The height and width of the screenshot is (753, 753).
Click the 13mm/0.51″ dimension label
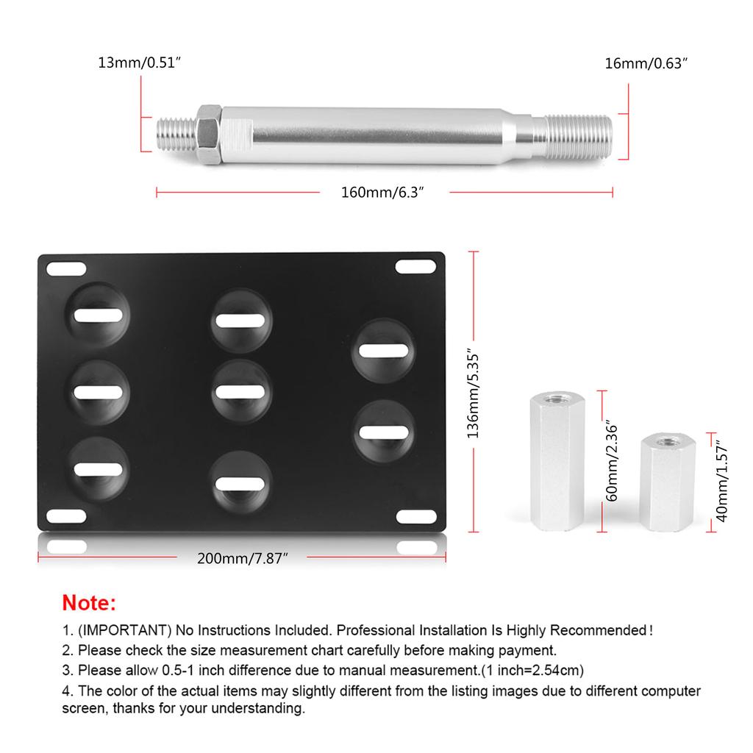coord(139,63)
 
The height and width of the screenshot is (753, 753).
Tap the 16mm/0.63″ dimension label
coord(646,63)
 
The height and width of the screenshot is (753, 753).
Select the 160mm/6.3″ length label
coord(382,193)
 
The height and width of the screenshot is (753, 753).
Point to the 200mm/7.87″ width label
coord(243,559)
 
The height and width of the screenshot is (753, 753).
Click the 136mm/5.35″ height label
coord(473,394)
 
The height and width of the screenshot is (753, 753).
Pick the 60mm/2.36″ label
coord(611,461)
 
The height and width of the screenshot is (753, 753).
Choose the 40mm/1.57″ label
coord(722,482)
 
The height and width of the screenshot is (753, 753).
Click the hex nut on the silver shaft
coord(209,135)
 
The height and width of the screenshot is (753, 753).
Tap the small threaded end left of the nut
coord(176,135)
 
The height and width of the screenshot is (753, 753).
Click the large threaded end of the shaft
coord(578,137)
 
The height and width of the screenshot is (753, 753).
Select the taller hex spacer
coord(557,461)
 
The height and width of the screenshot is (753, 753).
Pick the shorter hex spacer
coord(667,482)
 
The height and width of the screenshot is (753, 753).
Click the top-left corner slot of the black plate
coord(66,269)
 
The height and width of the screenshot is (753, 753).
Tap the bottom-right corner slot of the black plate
coord(416,517)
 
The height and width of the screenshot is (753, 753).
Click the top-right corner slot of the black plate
coord(416,266)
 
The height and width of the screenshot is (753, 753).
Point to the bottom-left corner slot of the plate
coord(66,516)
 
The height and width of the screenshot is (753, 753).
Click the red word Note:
coord(89,603)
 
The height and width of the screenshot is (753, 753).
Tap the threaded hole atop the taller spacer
coord(557,399)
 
